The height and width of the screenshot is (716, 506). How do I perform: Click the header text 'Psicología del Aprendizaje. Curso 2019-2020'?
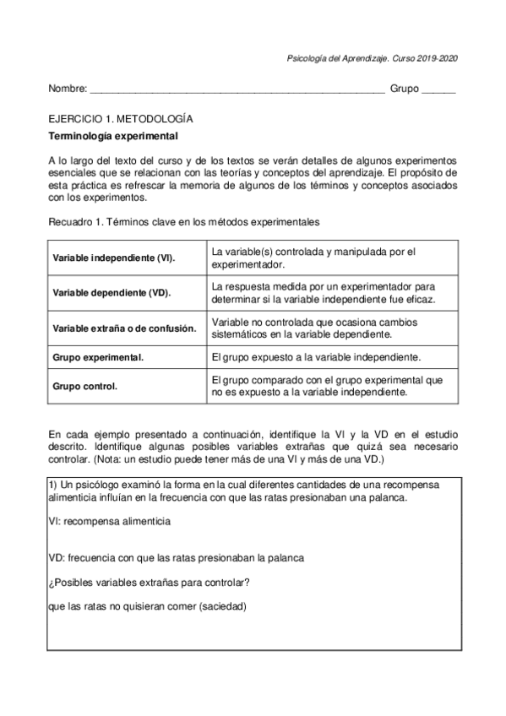tap(373, 58)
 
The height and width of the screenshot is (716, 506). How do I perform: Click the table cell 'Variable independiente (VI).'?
tap(114, 258)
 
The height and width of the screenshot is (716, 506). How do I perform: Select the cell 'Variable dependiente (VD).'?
tap(112, 293)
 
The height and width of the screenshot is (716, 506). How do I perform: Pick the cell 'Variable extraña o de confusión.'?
tap(124, 328)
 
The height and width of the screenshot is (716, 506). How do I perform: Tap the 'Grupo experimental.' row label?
tap(98, 357)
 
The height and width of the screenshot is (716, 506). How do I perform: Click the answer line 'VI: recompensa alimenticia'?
tap(110, 522)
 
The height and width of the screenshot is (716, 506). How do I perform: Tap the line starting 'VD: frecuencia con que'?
tap(177, 558)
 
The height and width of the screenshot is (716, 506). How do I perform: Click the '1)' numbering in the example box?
tap(54, 486)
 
